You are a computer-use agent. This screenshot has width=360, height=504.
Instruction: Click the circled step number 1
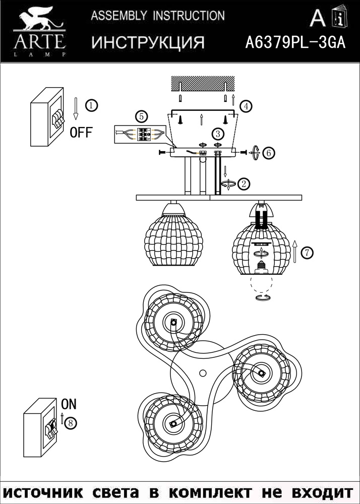click(92, 105)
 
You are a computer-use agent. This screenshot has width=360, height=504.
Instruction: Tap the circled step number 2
click(244, 184)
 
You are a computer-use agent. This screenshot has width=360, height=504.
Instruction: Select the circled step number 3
click(218, 134)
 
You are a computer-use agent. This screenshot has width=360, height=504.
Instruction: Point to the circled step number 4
click(246, 106)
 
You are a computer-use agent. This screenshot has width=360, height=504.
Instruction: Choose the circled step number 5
click(141, 116)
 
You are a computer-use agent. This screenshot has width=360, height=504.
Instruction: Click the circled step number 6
click(268, 153)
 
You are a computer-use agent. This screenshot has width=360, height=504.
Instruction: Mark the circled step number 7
click(307, 253)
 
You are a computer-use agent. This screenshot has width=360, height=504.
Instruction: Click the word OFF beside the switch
click(81, 132)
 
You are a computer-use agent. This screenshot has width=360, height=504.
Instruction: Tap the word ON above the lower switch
click(69, 404)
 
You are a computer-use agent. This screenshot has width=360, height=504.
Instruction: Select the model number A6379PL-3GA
click(295, 42)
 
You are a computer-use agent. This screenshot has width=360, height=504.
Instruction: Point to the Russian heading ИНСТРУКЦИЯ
click(148, 42)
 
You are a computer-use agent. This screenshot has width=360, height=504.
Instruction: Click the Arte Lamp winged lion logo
click(40, 31)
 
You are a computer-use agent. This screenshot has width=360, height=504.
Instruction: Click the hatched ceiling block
click(203, 83)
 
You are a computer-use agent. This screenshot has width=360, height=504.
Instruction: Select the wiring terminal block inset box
click(141, 135)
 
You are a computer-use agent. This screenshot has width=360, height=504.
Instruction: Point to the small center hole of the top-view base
click(203, 373)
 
